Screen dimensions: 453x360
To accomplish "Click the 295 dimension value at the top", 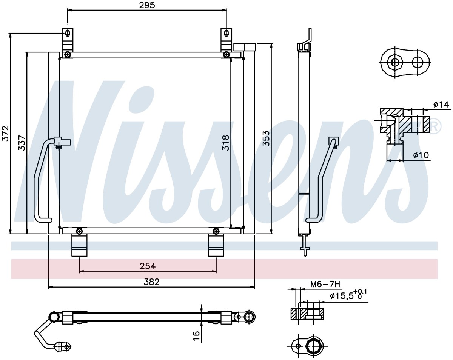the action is pos(147,5).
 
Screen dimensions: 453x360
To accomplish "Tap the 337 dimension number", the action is pos(22,143).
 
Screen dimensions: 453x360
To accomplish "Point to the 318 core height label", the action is pos(225,143).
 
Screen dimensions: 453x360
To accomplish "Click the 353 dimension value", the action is pos(266,138).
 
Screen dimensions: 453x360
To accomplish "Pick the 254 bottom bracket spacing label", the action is pos(148,266).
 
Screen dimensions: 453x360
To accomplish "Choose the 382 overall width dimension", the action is pos(151,282).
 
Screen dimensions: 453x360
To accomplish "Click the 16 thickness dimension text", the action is pos(196,336).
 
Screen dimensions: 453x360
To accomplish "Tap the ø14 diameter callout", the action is pos(441,105).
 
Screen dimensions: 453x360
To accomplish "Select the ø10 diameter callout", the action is pos(421,155).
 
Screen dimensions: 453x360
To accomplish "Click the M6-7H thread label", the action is pos(325,284).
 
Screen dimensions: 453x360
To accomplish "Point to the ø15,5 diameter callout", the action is pos(348,295).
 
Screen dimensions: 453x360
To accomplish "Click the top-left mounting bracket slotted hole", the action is pos(68,33).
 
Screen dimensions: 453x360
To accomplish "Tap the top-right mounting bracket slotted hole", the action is pos(226,33).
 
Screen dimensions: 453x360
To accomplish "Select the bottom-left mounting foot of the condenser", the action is pos(79,246).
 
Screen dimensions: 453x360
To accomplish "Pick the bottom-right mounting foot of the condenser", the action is pos(216,246).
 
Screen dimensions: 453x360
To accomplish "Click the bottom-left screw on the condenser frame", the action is pos(79,231).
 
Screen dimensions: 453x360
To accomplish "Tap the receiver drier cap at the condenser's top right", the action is pos(245,47).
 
